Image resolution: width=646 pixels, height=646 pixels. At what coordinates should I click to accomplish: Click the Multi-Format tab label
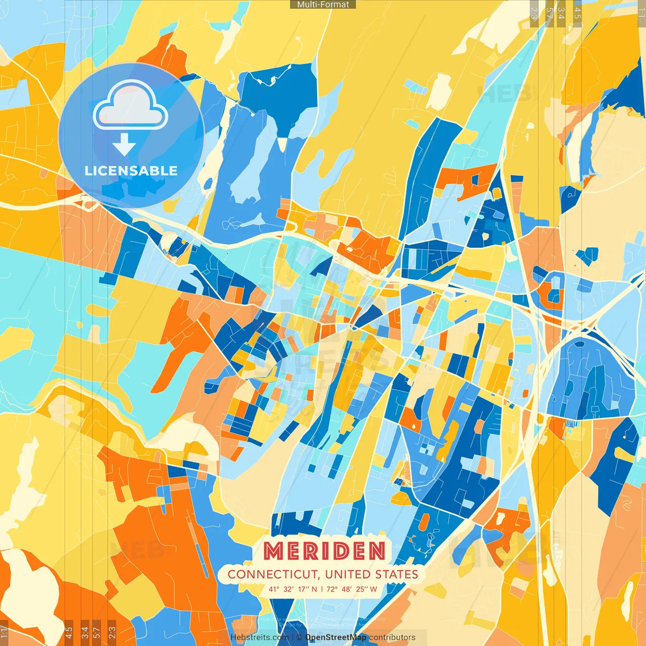[x=323, y=5]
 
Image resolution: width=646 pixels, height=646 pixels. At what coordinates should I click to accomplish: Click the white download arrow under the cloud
[x=124, y=144]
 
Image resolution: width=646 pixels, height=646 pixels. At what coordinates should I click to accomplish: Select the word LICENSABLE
[x=131, y=171]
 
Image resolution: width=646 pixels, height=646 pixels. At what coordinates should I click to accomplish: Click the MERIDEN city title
[x=325, y=551]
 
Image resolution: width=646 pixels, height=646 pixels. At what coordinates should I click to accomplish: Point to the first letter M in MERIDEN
[x=275, y=551]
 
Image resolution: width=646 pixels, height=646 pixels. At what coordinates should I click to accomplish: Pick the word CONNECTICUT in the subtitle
[x=272, y=574]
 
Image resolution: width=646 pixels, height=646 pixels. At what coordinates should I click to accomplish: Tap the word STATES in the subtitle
[x=397, y=574]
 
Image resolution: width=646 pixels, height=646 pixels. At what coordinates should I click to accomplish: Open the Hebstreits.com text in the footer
[x=259, y=637]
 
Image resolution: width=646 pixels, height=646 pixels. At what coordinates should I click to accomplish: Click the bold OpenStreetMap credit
[x=336, y=637]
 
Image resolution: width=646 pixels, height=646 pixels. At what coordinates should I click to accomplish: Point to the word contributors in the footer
[x=392, y=637]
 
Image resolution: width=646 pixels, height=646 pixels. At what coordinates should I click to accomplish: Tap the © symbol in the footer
[x=299, y=637]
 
